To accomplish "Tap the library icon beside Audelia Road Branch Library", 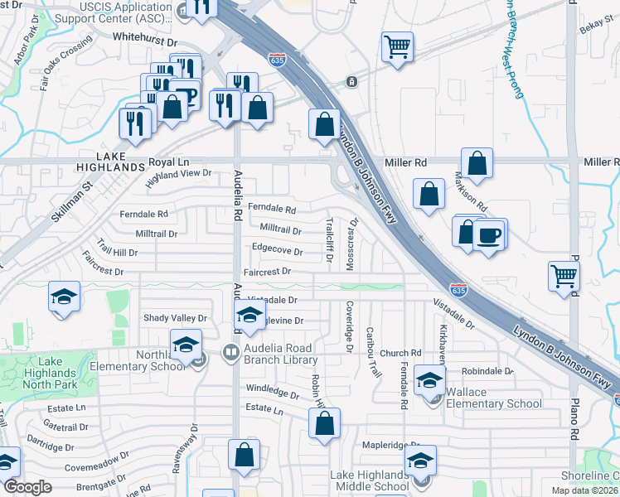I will pyautogui.click(x=230, y=354).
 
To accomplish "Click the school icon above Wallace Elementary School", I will pyautogui.click(x=429, y=379).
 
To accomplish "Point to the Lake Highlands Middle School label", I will pyautogui.click(x=370, y=480).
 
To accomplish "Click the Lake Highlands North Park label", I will pyautogui.click(x=56, y=373).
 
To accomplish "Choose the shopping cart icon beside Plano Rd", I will pyautogui.click(x=564, y=275).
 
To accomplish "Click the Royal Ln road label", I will pyautogui.click(x=170, y=163).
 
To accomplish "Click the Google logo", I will pyautogui.click(x=28, y=487).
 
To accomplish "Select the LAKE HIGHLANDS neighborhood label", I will pyautogui.click(x=109, y=162).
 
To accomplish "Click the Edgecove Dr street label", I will pyautogui.click(x=277, y=249).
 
